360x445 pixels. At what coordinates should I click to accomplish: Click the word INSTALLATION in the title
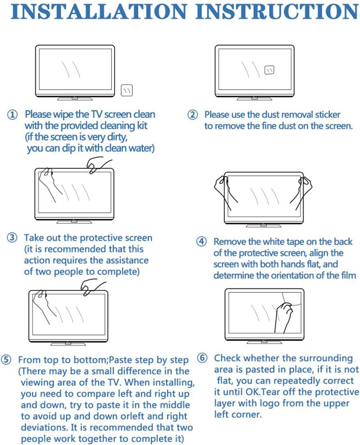tap(99, 12)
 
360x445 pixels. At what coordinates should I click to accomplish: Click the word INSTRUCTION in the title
tap(277, 12)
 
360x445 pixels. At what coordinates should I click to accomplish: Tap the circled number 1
tap(12, 115)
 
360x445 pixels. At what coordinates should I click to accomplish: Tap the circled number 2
tap(192, 115)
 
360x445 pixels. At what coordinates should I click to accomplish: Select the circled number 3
tap(12, 238)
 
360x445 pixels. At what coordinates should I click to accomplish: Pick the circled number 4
tap(201, 242)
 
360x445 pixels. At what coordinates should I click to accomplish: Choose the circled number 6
tap(202, 358)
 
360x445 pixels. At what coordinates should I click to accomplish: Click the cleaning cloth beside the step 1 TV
tap(127, 90)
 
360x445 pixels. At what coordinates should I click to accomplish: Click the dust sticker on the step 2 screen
tap(269, 70)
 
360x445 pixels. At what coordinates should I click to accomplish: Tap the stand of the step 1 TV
tap(75, 98)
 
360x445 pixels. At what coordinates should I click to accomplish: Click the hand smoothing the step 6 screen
tap(284, 314)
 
